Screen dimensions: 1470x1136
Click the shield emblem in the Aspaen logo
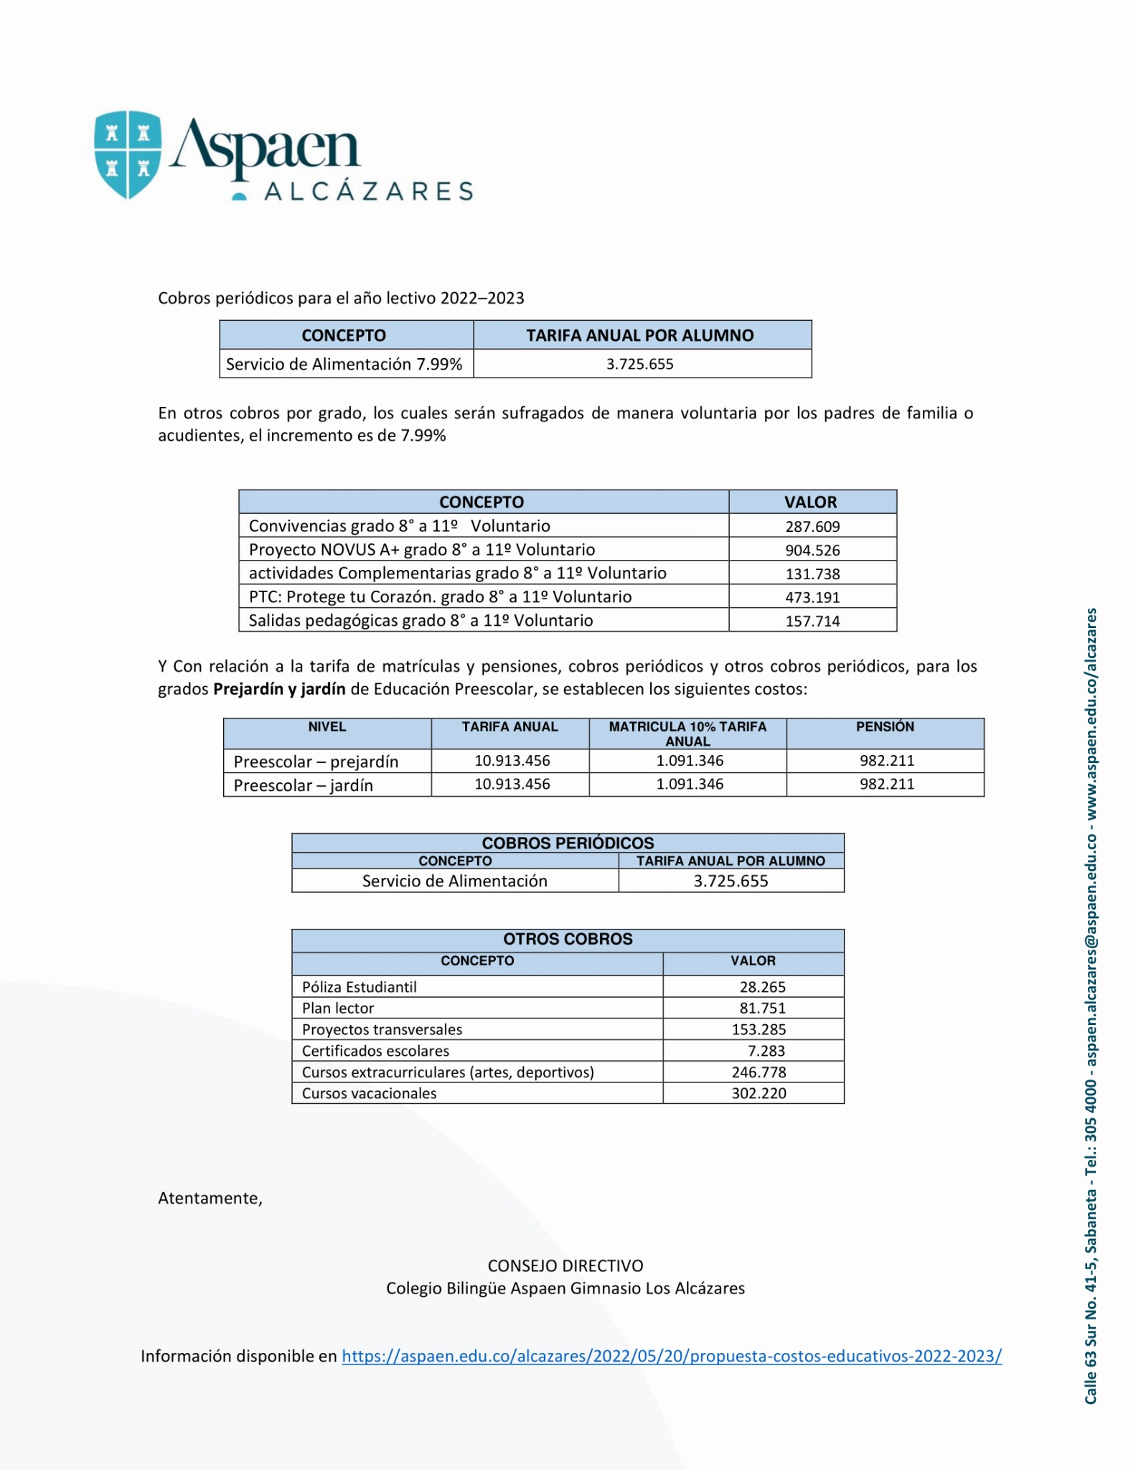click(128, 154)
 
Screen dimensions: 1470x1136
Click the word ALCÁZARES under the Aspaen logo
click(369, 192)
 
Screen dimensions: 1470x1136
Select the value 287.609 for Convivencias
click(812, 526)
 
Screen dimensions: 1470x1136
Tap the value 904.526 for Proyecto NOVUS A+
click(812, 550)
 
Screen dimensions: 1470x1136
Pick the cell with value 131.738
click(812, 574)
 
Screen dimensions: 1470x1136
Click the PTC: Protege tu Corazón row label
click(440, 596)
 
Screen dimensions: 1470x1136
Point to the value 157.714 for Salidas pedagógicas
click(812, 621)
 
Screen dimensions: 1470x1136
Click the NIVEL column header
click(327, 727)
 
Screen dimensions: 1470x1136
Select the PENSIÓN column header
click(885, 727)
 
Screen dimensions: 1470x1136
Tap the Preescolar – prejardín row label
click(316, 761)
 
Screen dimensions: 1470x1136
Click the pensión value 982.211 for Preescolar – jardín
click(887, 784)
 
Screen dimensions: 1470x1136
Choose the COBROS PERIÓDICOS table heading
click(568, 843)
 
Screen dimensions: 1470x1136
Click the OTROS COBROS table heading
click(568, 939)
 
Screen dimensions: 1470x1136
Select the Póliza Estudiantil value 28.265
click(763, 987)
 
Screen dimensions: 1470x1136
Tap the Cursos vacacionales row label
click(369, 1093)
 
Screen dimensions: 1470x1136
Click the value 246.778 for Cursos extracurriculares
click(759, 1072)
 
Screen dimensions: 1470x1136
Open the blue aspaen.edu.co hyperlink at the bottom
click(672, 1356)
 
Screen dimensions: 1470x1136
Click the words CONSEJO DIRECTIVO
click(565, 1265)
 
